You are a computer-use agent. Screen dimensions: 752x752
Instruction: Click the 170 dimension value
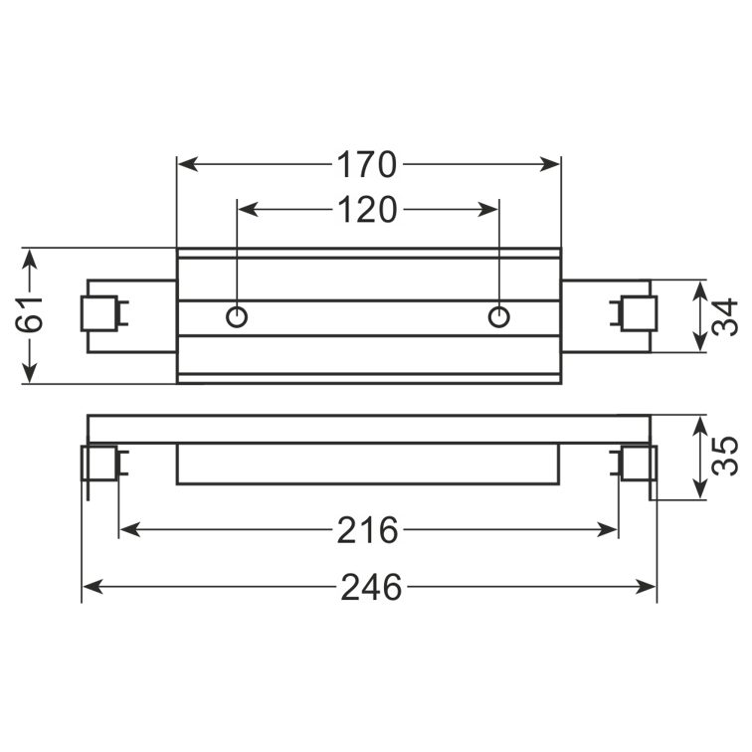367,164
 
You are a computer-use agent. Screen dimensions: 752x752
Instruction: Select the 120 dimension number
367,210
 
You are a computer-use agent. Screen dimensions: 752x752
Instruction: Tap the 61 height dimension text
29,314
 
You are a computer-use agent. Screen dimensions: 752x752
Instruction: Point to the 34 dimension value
724,317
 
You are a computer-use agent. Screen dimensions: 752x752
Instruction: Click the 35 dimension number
724,456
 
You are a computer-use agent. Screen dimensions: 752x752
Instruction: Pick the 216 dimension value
367,530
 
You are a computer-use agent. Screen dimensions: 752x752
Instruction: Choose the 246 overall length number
371,588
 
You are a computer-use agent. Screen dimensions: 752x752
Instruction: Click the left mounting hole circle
237,317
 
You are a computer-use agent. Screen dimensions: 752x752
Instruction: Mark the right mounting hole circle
498,317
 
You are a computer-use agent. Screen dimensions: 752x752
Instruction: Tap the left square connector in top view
99,313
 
